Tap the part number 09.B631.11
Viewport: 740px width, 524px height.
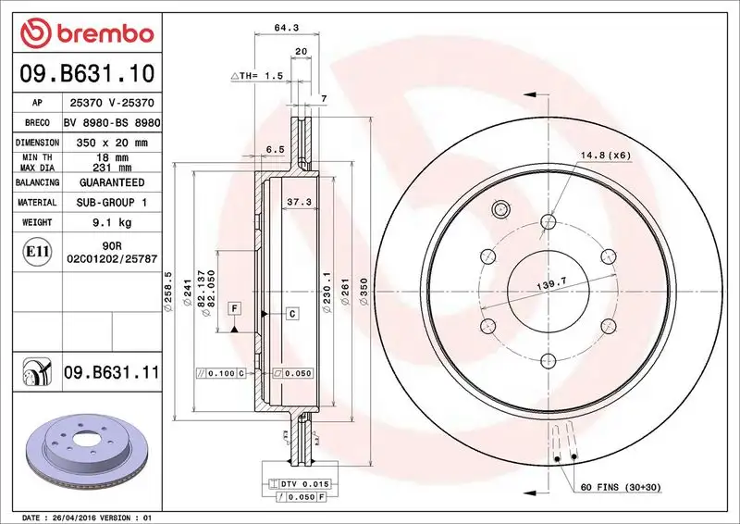point(112,373)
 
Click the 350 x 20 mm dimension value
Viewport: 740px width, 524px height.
point(111,143)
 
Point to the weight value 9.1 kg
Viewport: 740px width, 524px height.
point(111,222)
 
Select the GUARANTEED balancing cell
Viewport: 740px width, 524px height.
point(111,182)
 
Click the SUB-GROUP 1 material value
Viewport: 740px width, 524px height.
point(111,202)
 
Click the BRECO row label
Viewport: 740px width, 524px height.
point(37,123)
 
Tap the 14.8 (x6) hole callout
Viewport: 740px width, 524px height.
point(605,155)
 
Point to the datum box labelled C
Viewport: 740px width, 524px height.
point(291,314)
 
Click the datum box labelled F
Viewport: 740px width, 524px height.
point(235,307)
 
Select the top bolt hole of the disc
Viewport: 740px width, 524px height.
point(548,220)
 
